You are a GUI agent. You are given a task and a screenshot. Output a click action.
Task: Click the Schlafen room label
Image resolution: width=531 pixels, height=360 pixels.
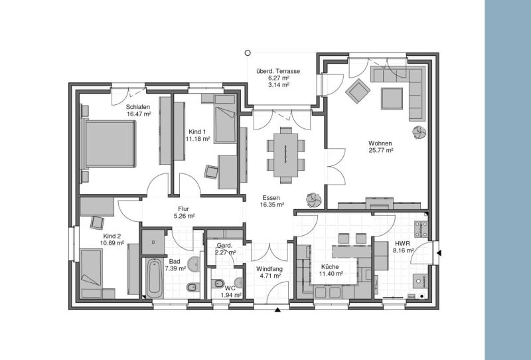click(139, 106)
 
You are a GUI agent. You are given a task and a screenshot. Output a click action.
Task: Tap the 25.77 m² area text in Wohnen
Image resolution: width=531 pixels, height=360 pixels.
click(381, 151)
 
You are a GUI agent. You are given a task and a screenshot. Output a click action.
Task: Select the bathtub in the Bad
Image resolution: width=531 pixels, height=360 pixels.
click(153, 278)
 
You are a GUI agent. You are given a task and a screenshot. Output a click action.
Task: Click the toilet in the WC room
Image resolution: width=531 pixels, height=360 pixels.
click(220, 284)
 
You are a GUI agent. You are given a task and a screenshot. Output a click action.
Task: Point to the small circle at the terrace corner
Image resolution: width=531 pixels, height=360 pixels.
click(248, 52)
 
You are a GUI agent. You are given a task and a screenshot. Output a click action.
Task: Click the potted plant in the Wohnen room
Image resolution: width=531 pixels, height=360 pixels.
click(419, 132)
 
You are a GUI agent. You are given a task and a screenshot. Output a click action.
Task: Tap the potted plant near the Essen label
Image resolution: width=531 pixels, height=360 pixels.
click(312, 199)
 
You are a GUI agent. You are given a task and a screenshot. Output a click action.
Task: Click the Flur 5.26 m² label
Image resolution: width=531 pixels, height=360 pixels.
click(183, 212)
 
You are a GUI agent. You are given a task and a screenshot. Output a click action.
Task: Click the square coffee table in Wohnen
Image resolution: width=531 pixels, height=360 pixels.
click(391, 98)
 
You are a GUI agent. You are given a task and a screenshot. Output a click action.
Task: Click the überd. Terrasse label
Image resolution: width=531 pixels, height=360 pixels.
click(278, 71)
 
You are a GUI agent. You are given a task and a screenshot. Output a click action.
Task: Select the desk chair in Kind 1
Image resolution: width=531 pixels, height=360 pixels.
click(211, 171)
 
